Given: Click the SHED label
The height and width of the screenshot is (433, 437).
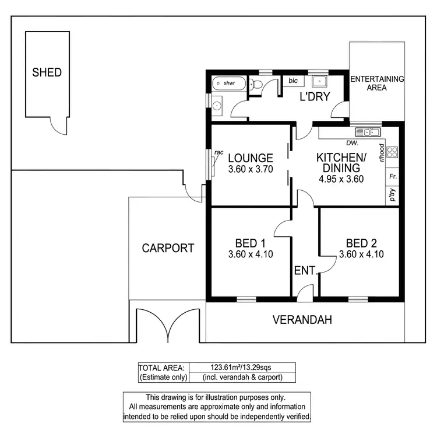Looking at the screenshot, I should (47, 73).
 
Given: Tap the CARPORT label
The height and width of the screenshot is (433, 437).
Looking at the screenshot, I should (168, 248).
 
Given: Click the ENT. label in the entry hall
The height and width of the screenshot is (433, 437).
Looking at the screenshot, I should (305, 271).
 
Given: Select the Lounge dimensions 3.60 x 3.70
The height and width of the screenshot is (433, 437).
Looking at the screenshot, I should (251, 169).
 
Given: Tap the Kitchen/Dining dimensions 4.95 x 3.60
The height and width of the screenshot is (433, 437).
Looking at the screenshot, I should (341, 179).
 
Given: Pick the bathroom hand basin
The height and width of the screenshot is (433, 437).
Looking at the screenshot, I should (217, 106).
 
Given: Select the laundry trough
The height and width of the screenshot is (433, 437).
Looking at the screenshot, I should (319, 82).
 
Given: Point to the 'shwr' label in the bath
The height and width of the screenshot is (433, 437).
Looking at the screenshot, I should (229, 83).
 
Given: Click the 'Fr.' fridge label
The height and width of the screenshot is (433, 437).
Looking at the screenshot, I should (393, 176).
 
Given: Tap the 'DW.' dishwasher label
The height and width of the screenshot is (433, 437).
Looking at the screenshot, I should (351, 142).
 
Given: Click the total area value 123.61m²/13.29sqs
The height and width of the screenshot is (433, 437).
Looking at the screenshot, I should (241, 367).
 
